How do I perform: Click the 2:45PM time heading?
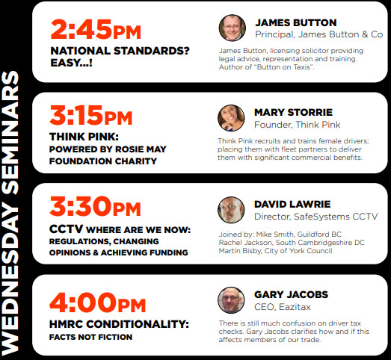pyautogui.click(x=96, y=29)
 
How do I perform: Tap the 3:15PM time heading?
pyautogui.click(x=90, y=115)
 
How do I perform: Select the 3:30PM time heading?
pyautogui.click(x=95, y=206)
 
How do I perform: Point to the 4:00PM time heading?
pyautogui.click(x=97, y=302)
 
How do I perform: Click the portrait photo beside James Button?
pyautogui.click(x=233, y=28)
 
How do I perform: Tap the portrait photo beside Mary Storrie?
pyautogui.click(x=231, y=118)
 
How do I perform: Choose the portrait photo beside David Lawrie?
pyautogui.click(x=231, y=210)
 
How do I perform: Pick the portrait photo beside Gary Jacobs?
pyautogui.click(x=231, y=300)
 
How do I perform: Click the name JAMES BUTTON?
pyautogui.click(x=296, y=22)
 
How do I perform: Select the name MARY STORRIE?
pyautogui.click(x=293, y=112)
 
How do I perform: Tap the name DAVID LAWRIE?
pyautogui.click(x=292, y=205)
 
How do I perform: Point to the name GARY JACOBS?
pyautogui.click(x=291, y=294)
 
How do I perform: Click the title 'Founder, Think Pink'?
pyautogui.click(x=298, y=125)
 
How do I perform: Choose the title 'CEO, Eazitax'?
pyautogui.click(x=283, y=307)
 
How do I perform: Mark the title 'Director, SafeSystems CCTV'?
pyautogui.click(x=316, y=217)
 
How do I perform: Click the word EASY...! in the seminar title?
pyautogui.click(x=71, y=63)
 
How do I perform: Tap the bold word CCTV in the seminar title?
pyautogui.click(x=66, y=229)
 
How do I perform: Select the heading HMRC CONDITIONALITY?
pyautogui.click(x=119, y=324)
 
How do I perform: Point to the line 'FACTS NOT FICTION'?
pyautogui.click(x=90, y=337)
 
